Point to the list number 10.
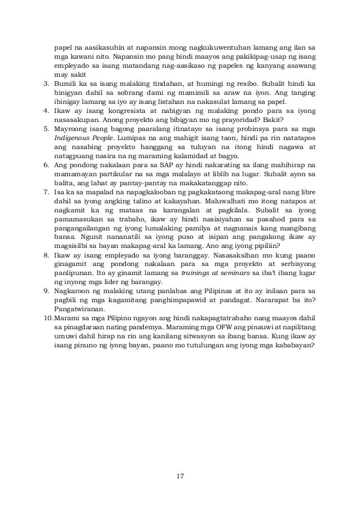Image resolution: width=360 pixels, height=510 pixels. tap(49, 317)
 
